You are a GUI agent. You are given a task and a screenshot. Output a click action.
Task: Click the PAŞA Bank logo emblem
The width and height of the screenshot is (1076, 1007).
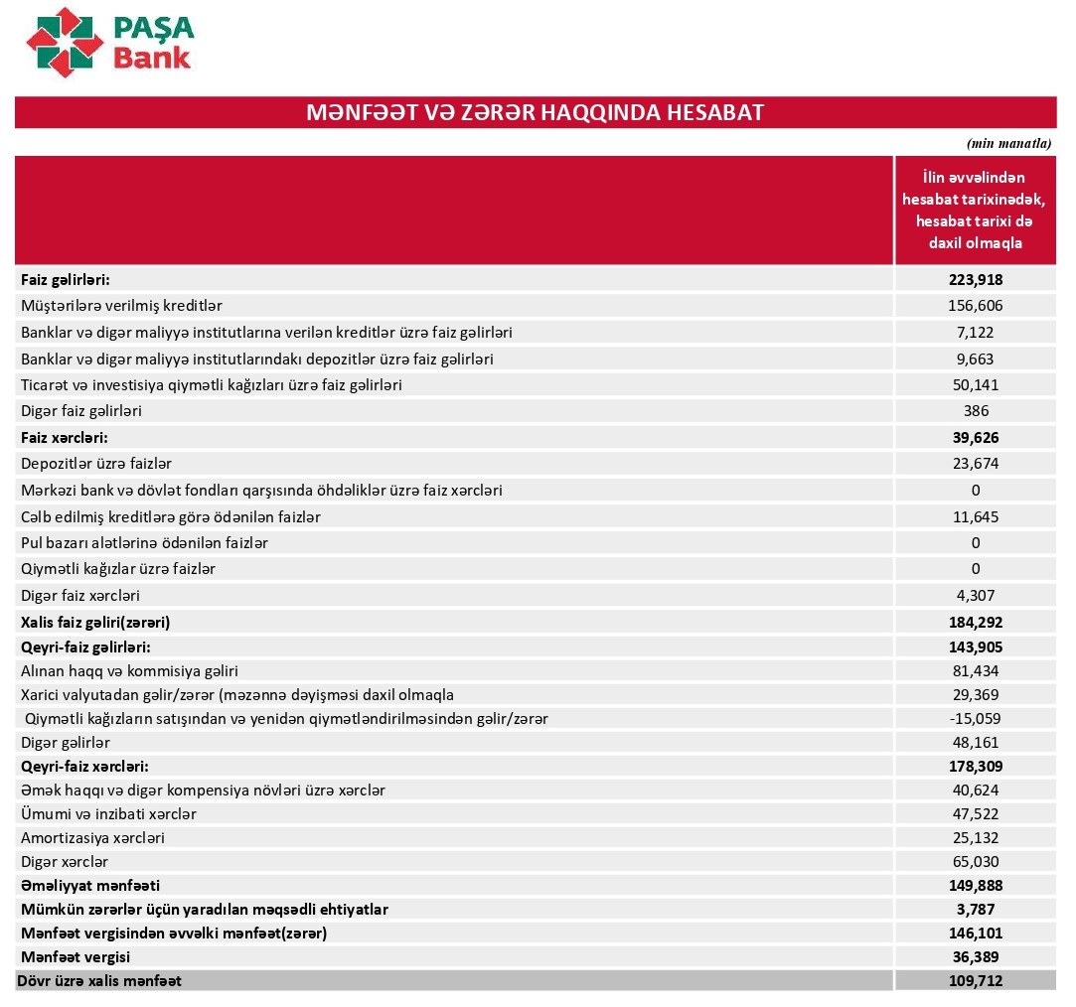(x=65, y=41)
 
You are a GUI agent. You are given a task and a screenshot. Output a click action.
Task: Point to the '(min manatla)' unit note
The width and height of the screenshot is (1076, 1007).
(x=1008, y=143)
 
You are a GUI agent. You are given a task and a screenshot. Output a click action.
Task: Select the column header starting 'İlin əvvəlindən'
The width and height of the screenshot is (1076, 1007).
(x=975, y=210)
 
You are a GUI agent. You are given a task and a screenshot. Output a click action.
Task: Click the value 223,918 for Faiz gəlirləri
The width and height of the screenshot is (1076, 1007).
(x=975, y=280)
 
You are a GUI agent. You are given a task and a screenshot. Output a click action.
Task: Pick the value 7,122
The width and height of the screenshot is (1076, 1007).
(x=975, y=332)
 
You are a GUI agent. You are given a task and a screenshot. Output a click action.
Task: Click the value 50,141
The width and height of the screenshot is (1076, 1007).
(x=975, y=384)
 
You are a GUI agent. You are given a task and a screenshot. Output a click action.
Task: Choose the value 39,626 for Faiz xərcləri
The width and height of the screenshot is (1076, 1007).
(x=975, y=437)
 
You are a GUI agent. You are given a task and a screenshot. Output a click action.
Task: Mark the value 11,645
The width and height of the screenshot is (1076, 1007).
(x=975, y=516)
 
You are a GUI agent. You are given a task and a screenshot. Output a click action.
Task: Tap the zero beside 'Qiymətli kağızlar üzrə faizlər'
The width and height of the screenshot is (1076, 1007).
(x=975, y=569)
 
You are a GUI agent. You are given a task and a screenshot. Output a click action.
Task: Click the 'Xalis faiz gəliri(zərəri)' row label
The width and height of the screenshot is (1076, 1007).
(x=95, y=623)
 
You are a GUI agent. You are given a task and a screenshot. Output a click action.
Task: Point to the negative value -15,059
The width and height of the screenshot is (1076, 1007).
(x=975, y=718)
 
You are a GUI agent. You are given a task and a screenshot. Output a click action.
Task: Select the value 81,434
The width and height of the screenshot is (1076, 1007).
(x=975, y=671)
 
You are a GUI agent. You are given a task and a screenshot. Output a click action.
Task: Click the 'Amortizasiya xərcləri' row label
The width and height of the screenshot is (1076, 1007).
(x=92, y=837)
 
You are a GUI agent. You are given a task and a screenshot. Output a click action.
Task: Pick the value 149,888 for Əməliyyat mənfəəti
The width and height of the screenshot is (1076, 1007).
(x=975, y=885)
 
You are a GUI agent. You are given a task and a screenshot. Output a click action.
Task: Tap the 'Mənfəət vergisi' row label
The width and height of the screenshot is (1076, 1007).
(x=76, y=957)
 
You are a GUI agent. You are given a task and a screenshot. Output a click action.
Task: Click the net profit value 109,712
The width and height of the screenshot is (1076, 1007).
(x=975, y=981)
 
